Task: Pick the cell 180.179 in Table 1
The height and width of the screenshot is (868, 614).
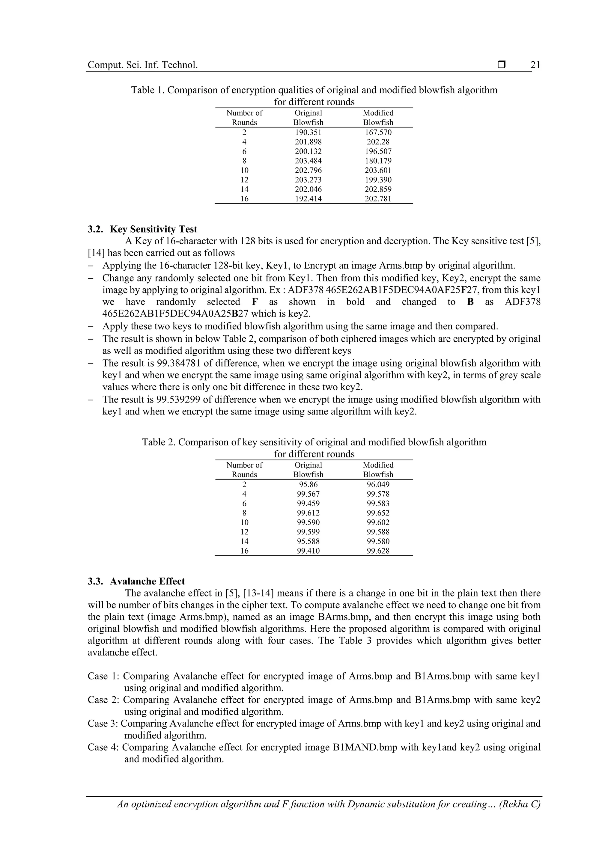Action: click(378, 161)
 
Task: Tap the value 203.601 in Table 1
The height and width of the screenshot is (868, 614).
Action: click(378, 171)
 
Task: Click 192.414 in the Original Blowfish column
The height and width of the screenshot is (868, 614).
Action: click(308, 199)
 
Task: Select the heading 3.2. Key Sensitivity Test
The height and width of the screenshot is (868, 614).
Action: click(142, 230)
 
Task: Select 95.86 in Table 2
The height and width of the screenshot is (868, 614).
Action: click(308, 485)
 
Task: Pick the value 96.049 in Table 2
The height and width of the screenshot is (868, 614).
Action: click(378, 485)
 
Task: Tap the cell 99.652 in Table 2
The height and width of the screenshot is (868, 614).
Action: click(378, 513)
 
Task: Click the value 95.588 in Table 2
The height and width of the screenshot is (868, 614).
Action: click(308, 541)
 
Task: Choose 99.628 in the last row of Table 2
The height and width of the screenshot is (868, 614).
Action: click(378, 551)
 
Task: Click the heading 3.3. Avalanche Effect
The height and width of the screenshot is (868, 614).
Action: click(136, 581)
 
